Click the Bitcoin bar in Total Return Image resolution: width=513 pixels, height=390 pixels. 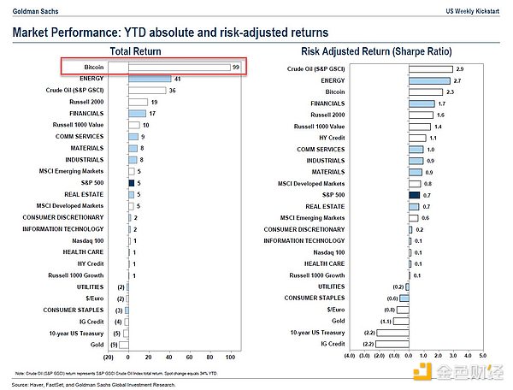[178, 67]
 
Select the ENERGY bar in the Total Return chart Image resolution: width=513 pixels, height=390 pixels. [149, 78]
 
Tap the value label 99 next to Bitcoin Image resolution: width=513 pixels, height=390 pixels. [235, 67]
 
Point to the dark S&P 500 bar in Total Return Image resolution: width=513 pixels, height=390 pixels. [131, 182]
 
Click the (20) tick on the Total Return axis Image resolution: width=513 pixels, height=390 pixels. [108, 356]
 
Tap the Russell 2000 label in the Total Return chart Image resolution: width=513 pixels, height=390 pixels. [84, 101]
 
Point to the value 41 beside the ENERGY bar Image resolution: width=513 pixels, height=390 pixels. [177, 78]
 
